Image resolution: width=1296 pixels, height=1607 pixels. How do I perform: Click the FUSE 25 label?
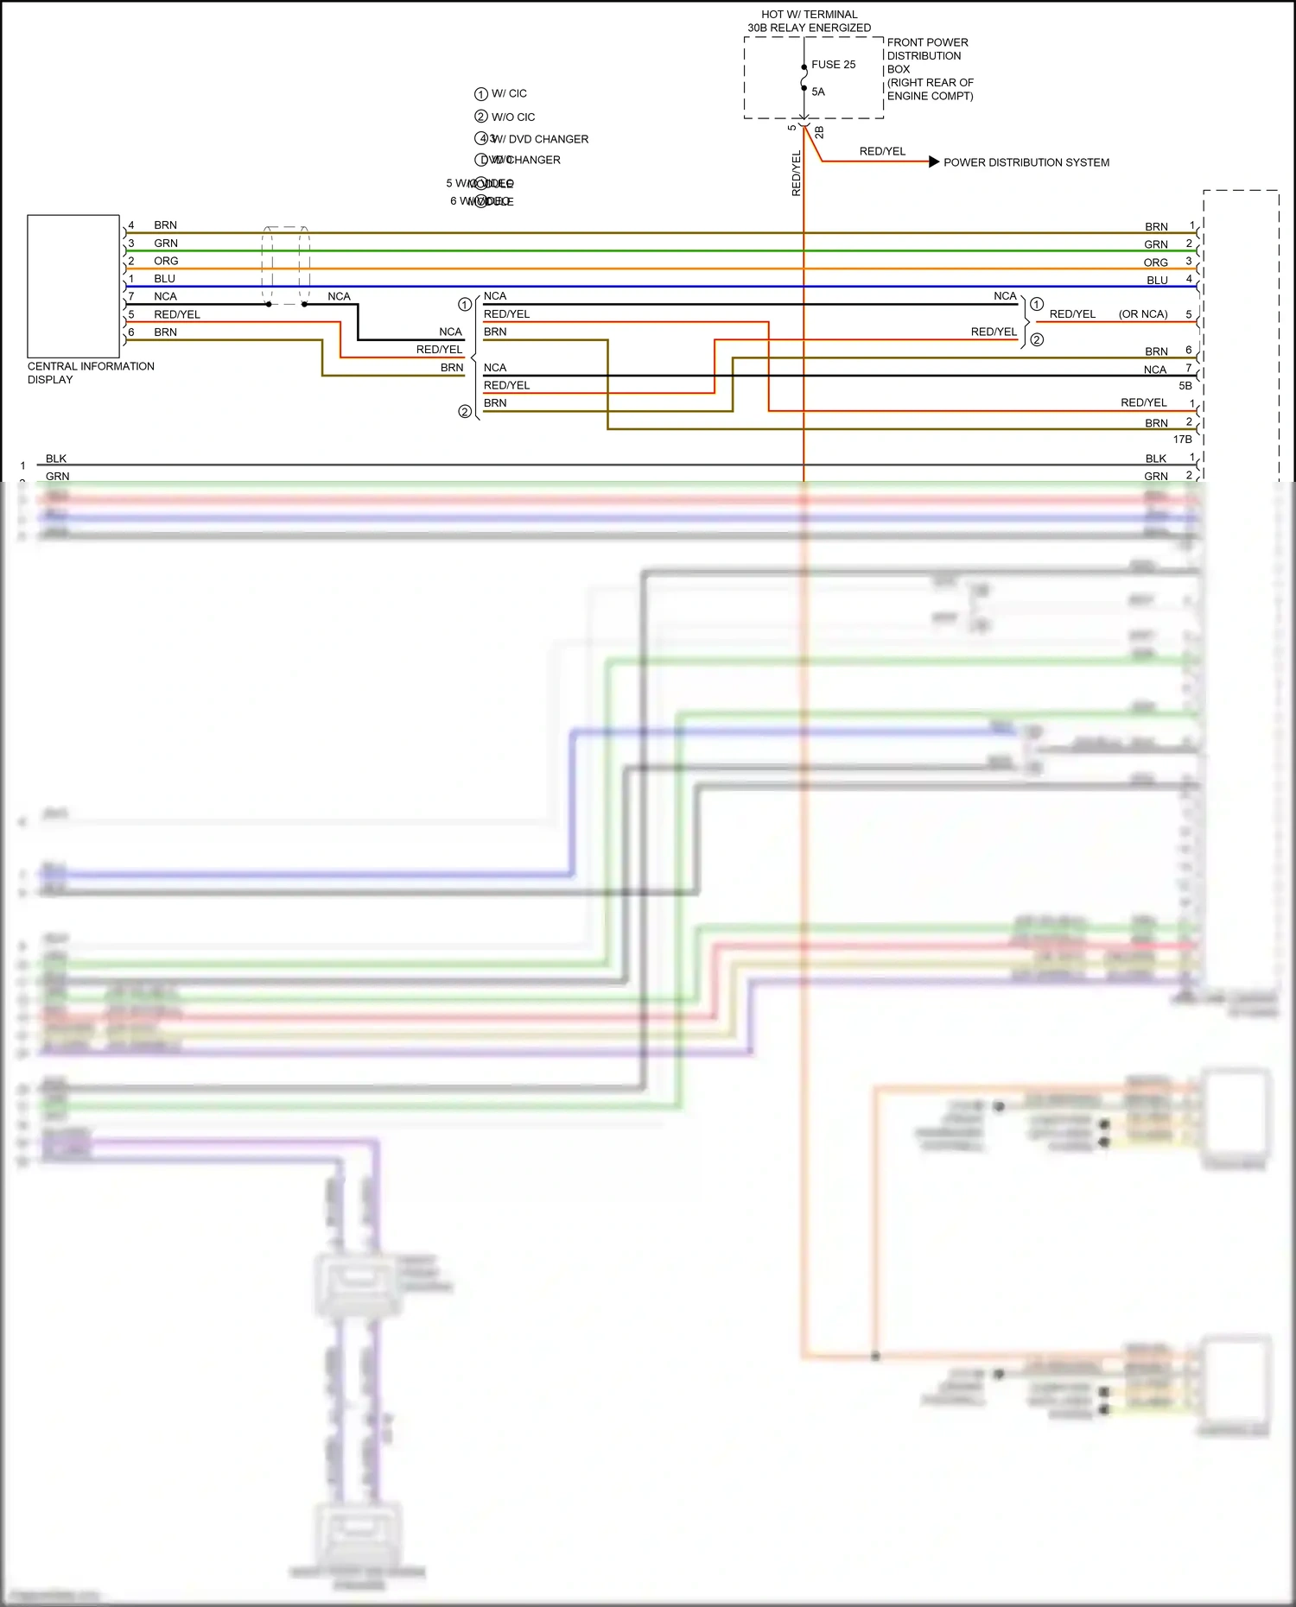point(833,65)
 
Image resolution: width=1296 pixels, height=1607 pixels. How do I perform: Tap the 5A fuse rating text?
point(818,92)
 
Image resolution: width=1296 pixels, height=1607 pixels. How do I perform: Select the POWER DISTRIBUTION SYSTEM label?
point(1026,162)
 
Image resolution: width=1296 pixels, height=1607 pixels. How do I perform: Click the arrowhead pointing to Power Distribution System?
point(933,161)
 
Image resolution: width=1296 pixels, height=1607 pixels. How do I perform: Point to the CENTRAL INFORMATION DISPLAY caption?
point(90,372)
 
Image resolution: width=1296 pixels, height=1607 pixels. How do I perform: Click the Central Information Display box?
point(73,286)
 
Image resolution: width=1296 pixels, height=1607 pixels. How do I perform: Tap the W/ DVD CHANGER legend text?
point(539,139)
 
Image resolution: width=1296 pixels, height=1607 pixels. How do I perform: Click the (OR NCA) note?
point(1142,314)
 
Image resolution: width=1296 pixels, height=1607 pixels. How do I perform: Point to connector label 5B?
point(1185,386)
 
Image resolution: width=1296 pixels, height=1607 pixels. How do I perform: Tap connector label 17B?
point(1182,440)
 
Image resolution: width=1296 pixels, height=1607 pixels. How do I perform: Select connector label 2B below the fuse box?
point(819,132)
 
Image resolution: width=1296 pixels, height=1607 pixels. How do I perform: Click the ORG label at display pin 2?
point(166,261)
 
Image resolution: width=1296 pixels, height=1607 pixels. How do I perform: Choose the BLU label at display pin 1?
point(164,279)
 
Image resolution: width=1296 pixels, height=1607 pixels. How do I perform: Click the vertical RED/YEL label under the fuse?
point(797,173)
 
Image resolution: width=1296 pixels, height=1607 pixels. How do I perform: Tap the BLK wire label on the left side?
point(56,459)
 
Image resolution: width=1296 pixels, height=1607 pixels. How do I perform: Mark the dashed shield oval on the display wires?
point(286,265)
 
